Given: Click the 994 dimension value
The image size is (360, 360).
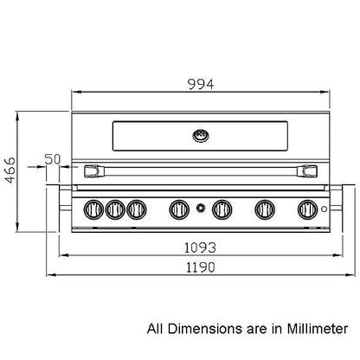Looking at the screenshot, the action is pos(201,84).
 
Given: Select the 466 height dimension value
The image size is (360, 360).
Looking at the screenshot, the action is pos(10,170).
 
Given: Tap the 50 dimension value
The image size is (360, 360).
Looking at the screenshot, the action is pos(53,159).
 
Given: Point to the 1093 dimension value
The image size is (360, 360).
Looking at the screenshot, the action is pos(200,247).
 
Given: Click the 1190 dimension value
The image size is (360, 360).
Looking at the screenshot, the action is pos(201,267).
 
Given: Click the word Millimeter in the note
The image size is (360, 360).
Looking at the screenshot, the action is pos(318,329).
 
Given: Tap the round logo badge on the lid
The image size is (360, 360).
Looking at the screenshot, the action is pos(201,136).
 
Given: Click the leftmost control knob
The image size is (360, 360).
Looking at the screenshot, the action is pos(93,209).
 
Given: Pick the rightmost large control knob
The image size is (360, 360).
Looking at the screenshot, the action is pos(308,209).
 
